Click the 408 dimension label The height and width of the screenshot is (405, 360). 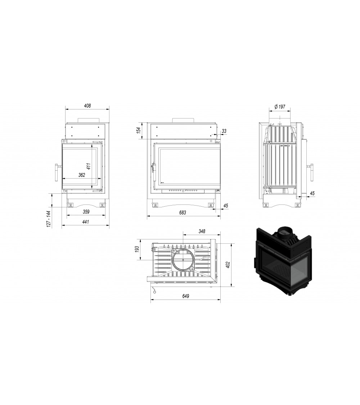click(x=87, y=105)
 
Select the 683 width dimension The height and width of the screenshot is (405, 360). click(x=183, y=212)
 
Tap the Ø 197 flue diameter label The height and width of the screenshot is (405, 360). click(x=280, y=107)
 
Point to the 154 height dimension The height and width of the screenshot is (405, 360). click(x=139, y=130)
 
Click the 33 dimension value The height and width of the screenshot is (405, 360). click(x=224, y=131)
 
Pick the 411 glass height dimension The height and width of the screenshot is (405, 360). click(x=88, y=166)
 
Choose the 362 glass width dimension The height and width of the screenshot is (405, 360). click(x=82, y=175)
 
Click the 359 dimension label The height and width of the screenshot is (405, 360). click(x=86, y=212)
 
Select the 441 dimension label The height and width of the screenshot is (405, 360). click(x=85, y=222)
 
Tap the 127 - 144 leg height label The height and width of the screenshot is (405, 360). click(x=49, y=219)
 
